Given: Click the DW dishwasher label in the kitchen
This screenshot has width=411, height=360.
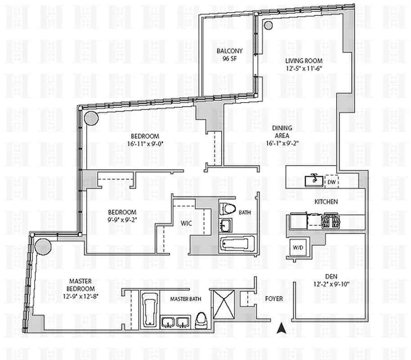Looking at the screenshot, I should point(331,181).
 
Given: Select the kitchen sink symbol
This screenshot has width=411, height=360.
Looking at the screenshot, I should point(313,180).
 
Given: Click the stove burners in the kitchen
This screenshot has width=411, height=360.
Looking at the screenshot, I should point(332,220).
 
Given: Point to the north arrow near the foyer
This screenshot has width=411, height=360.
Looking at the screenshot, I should point(281,328).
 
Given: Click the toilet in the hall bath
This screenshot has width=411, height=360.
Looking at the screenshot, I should point(228,209).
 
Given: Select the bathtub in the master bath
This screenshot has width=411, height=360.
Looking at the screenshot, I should point(148,308).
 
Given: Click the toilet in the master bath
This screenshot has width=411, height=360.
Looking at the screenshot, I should point(201,319).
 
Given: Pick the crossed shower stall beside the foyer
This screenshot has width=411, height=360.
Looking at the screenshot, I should point(224,305).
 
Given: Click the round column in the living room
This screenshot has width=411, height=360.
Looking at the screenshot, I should point(268,25).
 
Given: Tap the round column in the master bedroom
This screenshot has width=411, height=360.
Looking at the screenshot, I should point(43,247).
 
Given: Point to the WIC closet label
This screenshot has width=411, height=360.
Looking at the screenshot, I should point(186,223).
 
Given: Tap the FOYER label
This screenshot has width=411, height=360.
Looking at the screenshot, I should point(274,298).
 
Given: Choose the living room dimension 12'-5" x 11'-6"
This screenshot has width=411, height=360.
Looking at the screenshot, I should point(304,68).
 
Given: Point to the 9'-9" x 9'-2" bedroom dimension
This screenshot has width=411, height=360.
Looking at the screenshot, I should point(122,220).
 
